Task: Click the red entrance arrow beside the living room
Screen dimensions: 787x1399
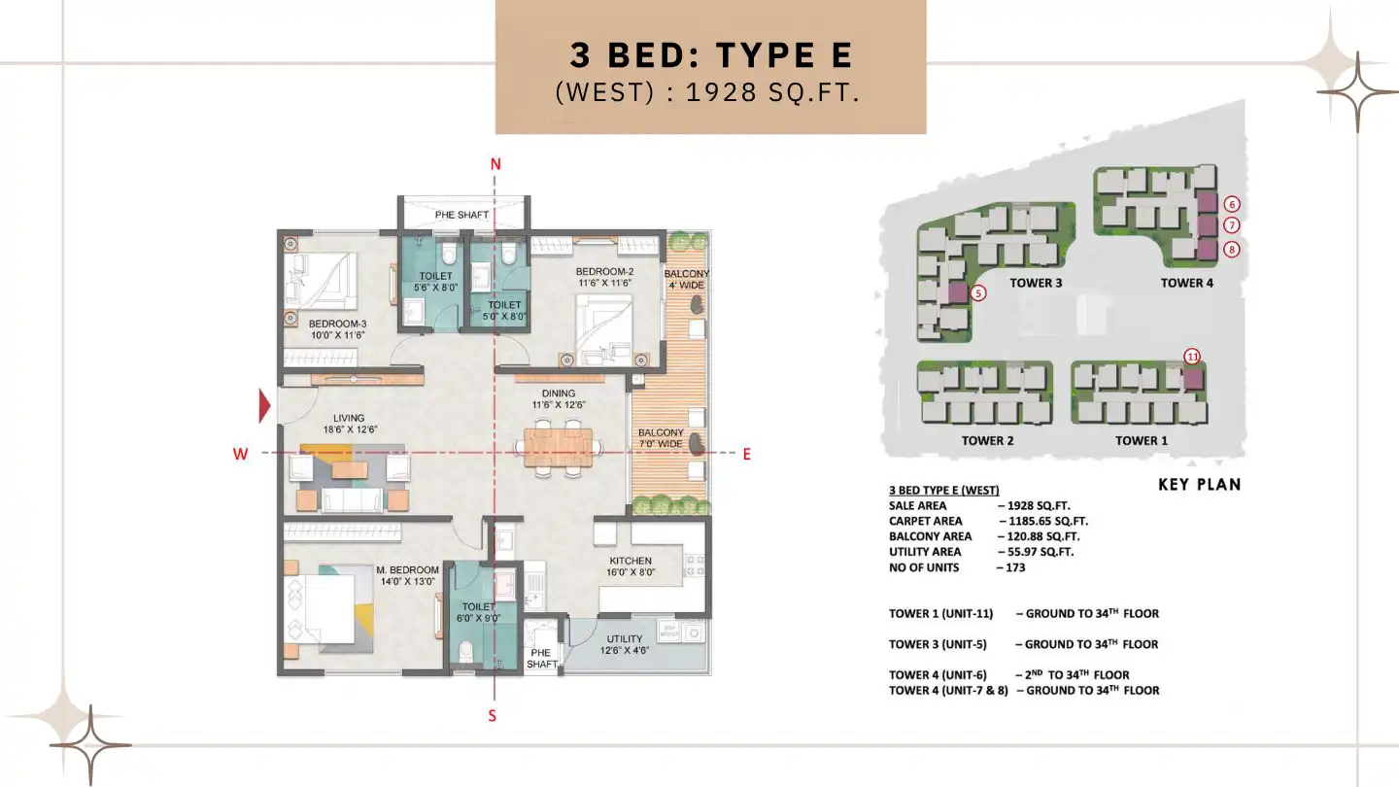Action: (x=263, y=406)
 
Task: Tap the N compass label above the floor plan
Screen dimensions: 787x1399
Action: (x=495, y=164)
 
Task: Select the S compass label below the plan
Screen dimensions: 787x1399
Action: (x=493, y=716)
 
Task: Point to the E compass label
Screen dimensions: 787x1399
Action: (x=746, y=454)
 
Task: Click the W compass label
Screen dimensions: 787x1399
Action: (x=240, y=454)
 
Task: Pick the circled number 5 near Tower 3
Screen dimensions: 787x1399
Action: (x=978, y=292)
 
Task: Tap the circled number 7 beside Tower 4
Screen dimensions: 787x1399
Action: (x=1232, y=225)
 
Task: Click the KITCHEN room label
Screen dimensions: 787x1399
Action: (x=630, y=561)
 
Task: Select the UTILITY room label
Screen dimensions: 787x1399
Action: (x=625, y=639)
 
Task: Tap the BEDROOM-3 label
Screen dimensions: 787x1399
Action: (x=337, y=324)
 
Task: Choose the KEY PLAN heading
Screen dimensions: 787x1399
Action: (x=1199, y=485)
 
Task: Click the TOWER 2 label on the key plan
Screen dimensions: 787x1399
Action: (x=987, y=441)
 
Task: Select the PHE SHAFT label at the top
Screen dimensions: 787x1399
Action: (x=461, y=215)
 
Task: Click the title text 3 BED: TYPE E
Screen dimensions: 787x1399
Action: (x=711, y=55)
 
